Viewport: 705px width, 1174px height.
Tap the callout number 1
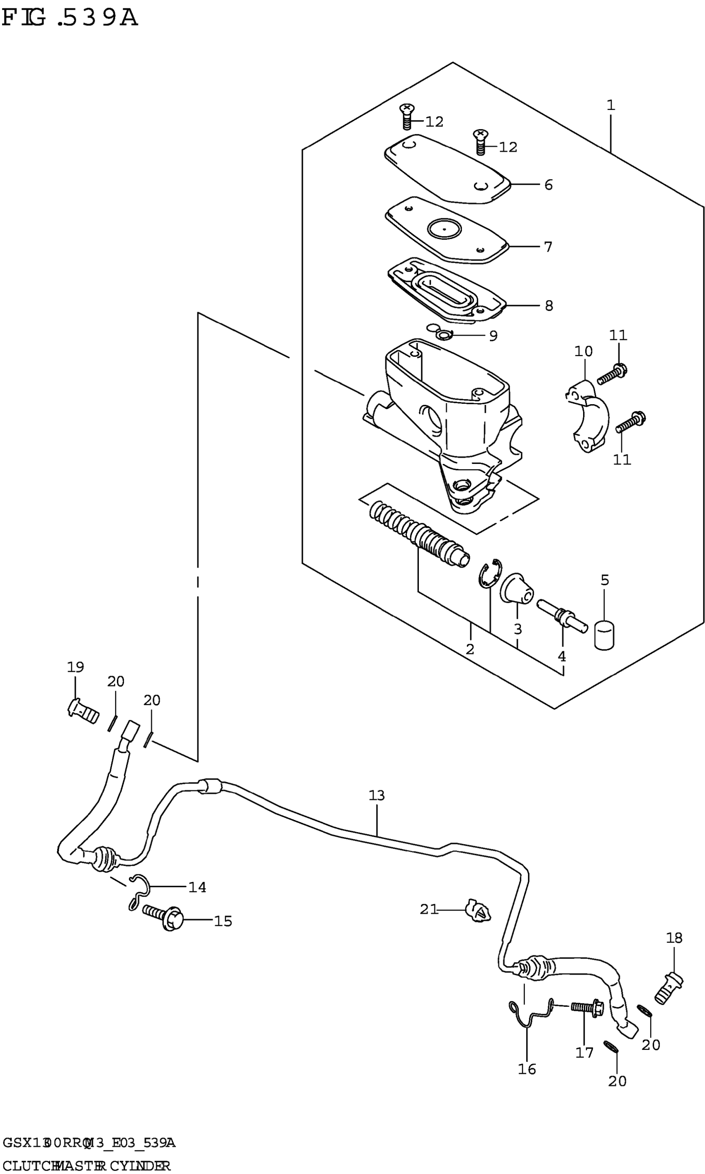[610, 105]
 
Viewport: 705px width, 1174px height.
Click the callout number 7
[548, 247]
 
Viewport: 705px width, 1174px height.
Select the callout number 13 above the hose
[376, 795]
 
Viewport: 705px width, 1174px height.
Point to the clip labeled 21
[478, 910]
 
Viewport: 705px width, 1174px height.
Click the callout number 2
[470, 649]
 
